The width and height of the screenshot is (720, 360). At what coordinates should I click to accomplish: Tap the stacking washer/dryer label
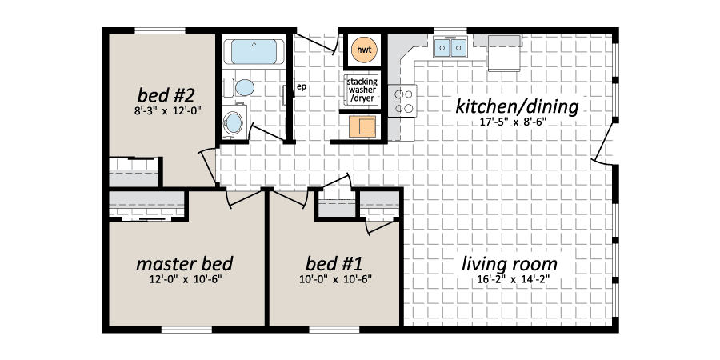[x=362, y=90]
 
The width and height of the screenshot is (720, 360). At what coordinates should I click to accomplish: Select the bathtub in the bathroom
[x=254, y=52]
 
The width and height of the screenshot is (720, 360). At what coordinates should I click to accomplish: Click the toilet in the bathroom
[x=240, y=87]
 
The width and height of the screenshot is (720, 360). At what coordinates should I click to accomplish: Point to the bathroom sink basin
[x=234, y=122]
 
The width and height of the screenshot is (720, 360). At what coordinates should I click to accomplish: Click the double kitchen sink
[x=450, y=47]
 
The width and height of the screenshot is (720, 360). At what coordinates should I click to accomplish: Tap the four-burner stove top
[x=402, y=101]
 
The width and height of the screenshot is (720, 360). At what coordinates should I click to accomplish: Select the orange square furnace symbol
[x=362, y=126]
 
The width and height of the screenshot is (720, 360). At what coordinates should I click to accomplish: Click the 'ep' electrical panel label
[x=302, y=86]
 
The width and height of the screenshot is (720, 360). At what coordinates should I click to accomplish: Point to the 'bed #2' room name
[x=166, y=95]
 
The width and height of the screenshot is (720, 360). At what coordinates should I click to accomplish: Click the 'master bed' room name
[x=184, y=264]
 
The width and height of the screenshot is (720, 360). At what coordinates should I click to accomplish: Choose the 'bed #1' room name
[x=334, y=264]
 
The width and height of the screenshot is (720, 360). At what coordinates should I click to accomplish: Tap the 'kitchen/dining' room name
[x=517, y=107]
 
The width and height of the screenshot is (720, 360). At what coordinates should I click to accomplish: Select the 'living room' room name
[x=510, y=265]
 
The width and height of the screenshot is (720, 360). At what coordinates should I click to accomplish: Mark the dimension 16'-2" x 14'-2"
[x=513, y=278]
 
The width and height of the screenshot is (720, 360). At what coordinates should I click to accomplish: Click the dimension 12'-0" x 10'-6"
[x=186, y=278]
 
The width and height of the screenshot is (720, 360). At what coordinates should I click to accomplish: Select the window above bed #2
[x=160, y=30]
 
